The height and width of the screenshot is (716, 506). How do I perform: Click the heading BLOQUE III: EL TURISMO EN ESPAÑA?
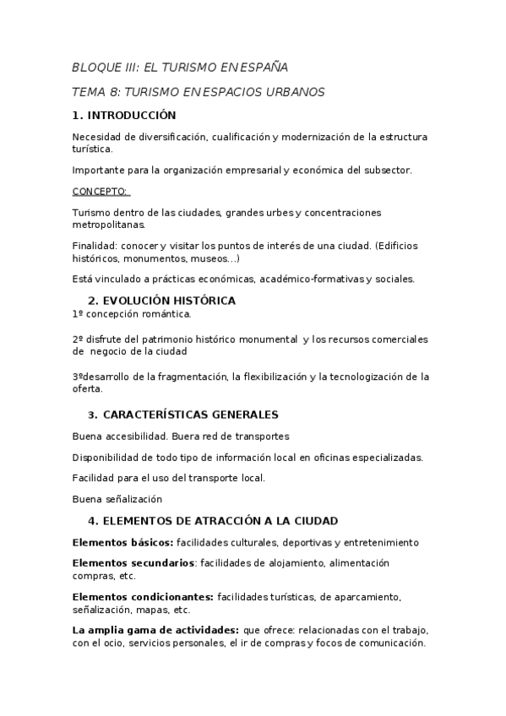[180, 68]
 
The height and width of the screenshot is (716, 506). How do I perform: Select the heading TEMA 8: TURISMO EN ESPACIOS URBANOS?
[199, 91]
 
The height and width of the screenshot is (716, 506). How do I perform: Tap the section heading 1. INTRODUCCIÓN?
[124, 116]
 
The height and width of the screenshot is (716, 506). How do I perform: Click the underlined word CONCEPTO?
[100, 192]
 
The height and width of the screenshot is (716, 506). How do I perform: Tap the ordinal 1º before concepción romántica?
[79, 314]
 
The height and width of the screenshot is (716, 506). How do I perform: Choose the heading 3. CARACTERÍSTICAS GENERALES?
[183, 415]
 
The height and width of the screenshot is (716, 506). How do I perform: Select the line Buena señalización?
[117, 499]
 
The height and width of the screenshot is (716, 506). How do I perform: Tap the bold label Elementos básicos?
[122, 542]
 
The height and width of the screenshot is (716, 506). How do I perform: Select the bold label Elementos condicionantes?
[143, 597]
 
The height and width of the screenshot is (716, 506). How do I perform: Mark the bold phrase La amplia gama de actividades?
[155, 630]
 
